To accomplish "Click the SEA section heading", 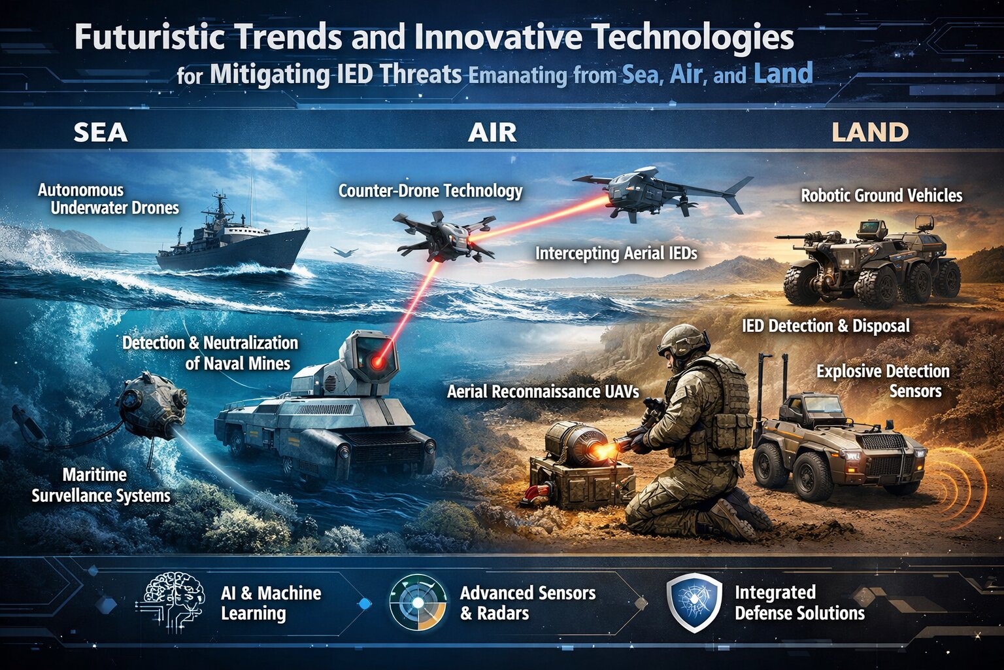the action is pyautogui.click(x=101, y=133).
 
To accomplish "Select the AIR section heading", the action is pyautogui.click(x=492, y=133).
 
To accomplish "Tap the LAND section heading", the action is pyautogui.click(x=870, y=132).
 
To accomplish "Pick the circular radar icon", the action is pyautogui.click(x=418, y=603).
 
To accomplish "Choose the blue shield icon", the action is pyautogui.click(x=694, y=603).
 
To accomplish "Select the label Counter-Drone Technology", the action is pyautogui.click(x=430, y=191).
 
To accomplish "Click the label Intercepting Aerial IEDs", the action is pyautogui.click(x=616, y=254).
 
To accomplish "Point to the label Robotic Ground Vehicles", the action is pyautogui.click(x=882, y=196).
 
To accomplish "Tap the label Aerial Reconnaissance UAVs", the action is pyautogui.click(x=543, y=392).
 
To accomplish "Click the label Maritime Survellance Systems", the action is pyautogui.click(x=101, y=485).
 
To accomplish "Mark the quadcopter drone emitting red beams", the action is pyautogui.click(x=444, y=236).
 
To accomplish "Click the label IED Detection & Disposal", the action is pyautogui.click(x=826, y=326).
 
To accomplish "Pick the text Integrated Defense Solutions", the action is pyautogui.click(x=799, y=603).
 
